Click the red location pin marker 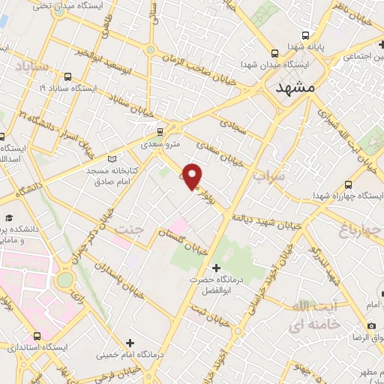(193, 176)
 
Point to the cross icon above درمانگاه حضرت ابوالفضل (217, 267)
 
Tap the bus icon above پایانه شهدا (305, 34)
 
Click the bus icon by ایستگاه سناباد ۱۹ (68, 76)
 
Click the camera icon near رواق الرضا (372, 325)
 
